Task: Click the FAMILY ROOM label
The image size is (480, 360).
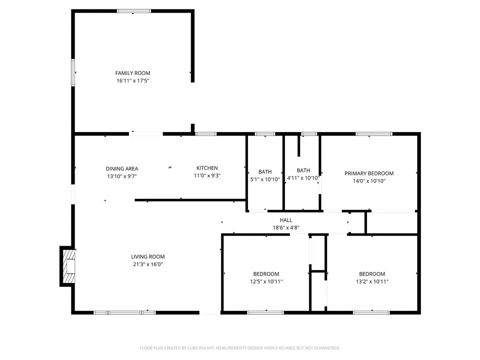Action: click(x=133, y=73)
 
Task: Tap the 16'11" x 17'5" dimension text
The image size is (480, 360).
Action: click(x=133, y=81)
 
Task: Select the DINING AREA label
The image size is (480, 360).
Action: click(x=122, y=169)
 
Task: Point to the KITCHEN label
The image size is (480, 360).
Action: click(x=207, y=168)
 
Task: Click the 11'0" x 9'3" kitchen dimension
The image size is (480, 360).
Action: click(x=207, y=176)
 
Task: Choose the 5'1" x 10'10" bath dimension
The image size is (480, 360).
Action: click(x=265, y=179)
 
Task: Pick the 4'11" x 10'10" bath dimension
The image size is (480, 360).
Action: click(x=303, y=178)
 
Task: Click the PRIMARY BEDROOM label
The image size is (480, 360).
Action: click(x=369, y=173)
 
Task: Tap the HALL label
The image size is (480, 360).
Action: click(x=286, y=220)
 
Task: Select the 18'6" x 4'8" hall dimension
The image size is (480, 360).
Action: click(x=286, y=228)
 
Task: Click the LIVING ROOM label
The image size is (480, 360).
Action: click(x=148, y=257)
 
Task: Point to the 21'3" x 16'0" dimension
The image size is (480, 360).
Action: click(x=148, y=264)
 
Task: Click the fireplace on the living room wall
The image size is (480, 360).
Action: click(x=68, y=266)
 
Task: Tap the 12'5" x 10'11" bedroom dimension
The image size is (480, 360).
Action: click(x=266, y=282)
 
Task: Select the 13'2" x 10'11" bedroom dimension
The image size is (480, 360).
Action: click(x=372, y=282)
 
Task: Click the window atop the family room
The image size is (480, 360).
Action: click(x=134, y=11)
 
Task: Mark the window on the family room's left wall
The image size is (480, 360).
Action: click(x=73, y=72)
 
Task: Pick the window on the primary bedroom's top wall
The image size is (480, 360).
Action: click(x=374, y=134)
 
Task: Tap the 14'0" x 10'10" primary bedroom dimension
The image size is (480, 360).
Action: click(x=369, y=181)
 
